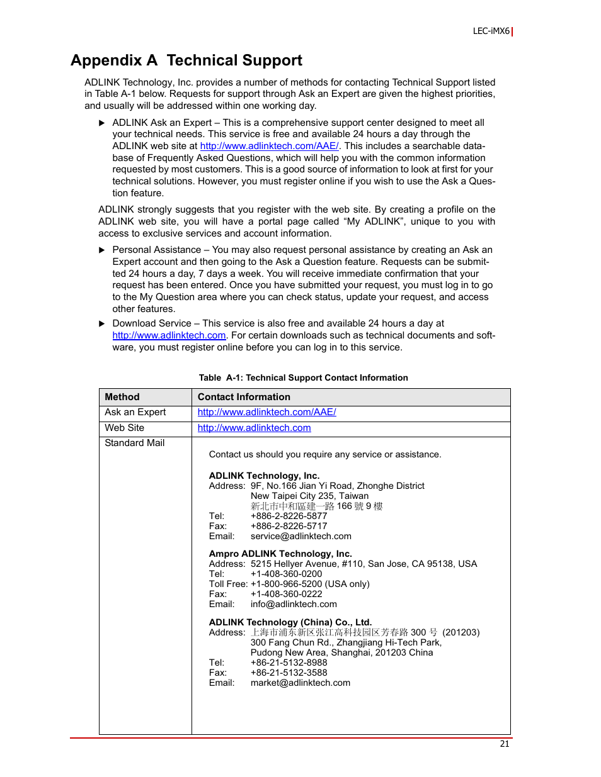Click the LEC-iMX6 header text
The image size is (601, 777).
(x=491, y=31)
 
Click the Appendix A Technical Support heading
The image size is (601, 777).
(x=186, y=60)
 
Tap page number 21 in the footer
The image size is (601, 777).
(x=504, y=744)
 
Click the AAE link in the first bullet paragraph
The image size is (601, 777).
(x=269, y=146)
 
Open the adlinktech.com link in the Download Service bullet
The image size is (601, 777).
(x=169, y=335)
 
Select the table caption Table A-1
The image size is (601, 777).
(x=303, y=377)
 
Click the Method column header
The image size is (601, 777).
(x=122, y=397)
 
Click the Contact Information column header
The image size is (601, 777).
(x=244, y=397)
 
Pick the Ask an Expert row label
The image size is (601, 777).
(x=135, y=412)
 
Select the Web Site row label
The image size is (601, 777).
(x=125, y=428)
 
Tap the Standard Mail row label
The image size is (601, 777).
(x=135, y=443)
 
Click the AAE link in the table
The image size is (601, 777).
(x=266, y=412)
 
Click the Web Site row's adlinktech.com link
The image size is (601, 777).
(x=254, y=428)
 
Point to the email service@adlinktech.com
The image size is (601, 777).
(x=300, y=536)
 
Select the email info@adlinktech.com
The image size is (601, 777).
(x=294, y=604)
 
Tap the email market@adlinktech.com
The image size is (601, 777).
(x=300, y=683)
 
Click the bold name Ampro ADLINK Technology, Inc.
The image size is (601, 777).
(x=280, y=554)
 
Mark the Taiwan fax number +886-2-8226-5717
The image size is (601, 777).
(x=289, y=526)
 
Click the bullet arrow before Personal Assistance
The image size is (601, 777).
(x=102, y=250)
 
